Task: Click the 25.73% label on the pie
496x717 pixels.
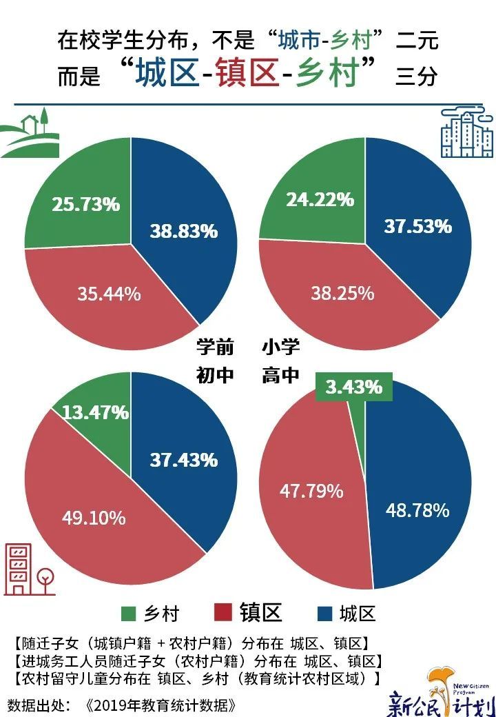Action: click(86, 204)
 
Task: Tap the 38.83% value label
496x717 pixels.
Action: click(184, 231)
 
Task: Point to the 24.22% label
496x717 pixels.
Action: click(320, 200)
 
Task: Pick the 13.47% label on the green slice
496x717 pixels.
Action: click(95, 412)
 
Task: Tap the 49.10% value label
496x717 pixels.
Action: click(94, 517)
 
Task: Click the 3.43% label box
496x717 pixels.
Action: click(354, 387)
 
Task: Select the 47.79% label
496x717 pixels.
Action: click(311, 491)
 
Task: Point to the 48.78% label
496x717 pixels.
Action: click(417, 510)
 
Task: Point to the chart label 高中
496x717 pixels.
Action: click(280, 376)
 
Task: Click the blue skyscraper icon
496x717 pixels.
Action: click(466, 132)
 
